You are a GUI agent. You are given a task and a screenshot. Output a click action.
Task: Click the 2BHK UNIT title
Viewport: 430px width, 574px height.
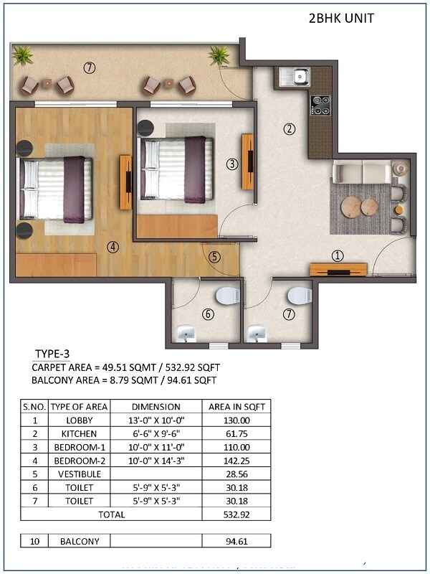point(340,17)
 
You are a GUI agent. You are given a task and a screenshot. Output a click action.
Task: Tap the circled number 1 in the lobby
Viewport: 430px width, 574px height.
point(338,255)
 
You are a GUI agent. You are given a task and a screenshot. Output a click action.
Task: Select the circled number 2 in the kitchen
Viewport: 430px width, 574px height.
point(290,129)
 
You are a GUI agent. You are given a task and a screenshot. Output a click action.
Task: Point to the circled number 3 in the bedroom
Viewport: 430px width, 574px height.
point(231,164)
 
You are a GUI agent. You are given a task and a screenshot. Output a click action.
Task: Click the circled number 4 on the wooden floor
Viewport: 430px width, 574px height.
point(113,248)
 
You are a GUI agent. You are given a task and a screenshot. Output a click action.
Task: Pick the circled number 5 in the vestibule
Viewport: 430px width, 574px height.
point(215,256)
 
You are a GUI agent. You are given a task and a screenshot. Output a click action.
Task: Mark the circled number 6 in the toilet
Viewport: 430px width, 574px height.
point(208,314)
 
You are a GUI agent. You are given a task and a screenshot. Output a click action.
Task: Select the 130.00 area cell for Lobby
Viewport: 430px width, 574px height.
point(236,420)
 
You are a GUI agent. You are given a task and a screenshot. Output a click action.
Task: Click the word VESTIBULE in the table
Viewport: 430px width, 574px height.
point(80,474)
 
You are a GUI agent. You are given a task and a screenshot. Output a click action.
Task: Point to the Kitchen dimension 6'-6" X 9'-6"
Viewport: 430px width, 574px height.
point(156,434)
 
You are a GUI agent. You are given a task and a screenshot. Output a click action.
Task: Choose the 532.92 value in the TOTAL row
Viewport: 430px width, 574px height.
point(236,514)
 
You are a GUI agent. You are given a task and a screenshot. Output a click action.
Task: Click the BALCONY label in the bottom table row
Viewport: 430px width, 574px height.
point(80,541)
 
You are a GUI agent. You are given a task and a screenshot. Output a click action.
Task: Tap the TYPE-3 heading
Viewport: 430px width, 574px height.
point(54,354)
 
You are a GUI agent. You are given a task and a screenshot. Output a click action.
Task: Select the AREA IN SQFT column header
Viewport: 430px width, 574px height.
point(236,406)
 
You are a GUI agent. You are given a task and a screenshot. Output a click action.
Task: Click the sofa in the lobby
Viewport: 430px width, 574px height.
point(362,173)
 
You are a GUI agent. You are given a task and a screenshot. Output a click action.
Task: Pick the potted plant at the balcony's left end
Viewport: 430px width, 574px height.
point(23,55)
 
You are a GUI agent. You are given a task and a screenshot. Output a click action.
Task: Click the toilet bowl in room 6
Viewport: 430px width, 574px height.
point(227,295)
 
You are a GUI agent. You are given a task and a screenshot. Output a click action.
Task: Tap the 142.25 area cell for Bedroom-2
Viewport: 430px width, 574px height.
point(236,461)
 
